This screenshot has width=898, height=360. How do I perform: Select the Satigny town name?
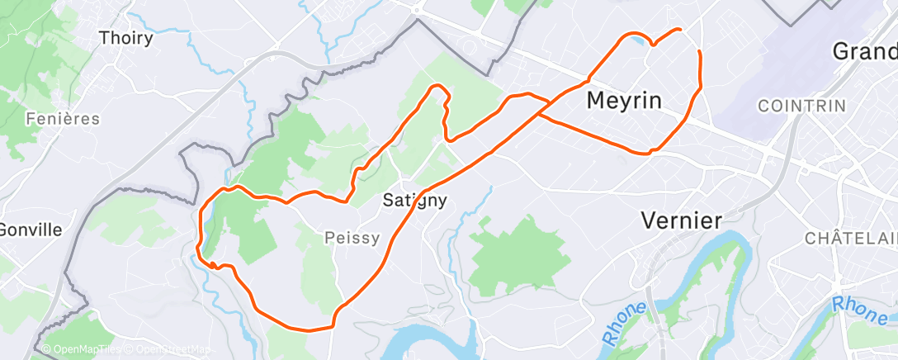(x=416, y=200)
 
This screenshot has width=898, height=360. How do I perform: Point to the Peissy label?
(x=352, y=238)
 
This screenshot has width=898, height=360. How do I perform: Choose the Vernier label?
(x=682, y=220)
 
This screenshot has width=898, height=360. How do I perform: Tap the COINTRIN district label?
(x=801, y=106)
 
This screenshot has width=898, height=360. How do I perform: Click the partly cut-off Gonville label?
(x=31, y=229)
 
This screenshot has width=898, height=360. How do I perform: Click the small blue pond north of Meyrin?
(x=636, y=38)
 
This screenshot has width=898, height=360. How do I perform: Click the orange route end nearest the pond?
(x=680, y=30)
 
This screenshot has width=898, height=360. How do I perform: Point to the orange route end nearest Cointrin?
(x=699, y=52)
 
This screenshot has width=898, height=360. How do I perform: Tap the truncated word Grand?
(x=864, y=51)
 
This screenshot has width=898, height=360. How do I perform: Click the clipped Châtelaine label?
(x=851, y=238)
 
